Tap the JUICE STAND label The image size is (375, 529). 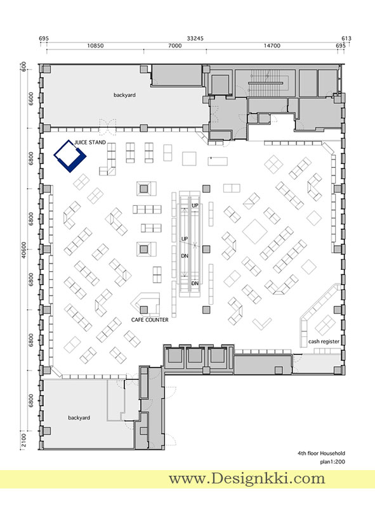pos(90,143)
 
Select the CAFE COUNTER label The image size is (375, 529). pos(150,319)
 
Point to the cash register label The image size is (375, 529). pos(324,341)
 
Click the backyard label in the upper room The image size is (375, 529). pos(124,95)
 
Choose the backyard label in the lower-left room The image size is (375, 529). pos(79,417)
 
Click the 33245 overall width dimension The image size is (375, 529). pos(195,39)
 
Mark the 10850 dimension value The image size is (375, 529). pos(95,46)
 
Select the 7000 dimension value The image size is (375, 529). pos(175,46)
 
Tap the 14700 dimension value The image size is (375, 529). pos(272,46)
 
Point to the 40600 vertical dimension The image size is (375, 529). pos(23,250)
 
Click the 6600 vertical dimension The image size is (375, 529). pos(31,99)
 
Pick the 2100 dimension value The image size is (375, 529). pos(23,440)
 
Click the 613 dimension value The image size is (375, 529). pos(346,39)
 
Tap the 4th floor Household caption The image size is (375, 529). pos(321,453)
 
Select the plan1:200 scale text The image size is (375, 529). pos(332,461)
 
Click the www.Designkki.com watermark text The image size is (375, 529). pos(247,478)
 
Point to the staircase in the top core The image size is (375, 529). pos(265,82)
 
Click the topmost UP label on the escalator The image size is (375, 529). pos(195,205)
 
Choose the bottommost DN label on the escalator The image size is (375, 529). pos(195,283)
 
